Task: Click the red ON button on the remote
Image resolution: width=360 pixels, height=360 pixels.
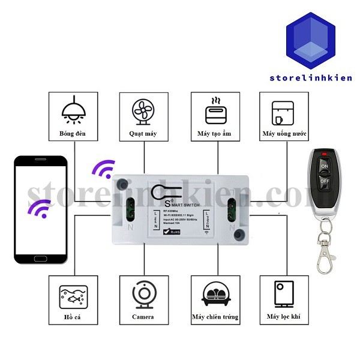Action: click(325, 165)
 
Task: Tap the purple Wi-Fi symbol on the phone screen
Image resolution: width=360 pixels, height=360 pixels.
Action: click(41, 209)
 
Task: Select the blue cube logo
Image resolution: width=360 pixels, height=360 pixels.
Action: click(310, 40)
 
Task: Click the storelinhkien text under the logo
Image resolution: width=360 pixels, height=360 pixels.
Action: click(310, 78)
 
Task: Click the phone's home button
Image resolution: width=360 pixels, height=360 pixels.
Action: click(41, 259)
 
